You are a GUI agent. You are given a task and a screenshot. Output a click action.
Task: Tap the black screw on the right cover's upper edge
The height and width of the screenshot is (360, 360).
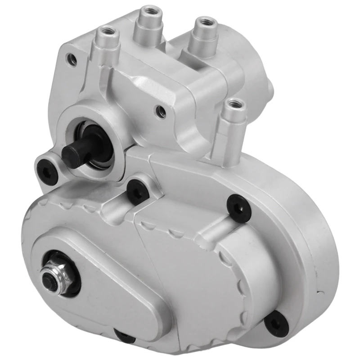click(x=237, y=206)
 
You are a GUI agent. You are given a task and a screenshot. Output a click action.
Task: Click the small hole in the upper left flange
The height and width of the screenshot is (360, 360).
click(x=70, y=58)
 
